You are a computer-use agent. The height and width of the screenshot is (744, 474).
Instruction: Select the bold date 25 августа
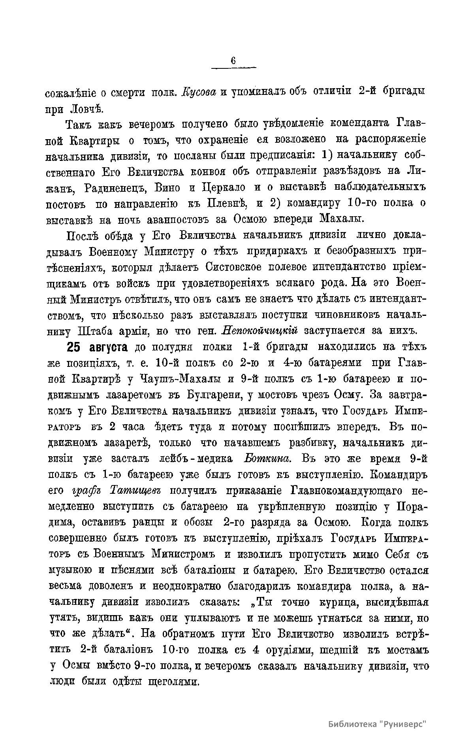click(97, 347)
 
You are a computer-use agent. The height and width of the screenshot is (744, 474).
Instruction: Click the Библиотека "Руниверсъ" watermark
click(378, 725)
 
